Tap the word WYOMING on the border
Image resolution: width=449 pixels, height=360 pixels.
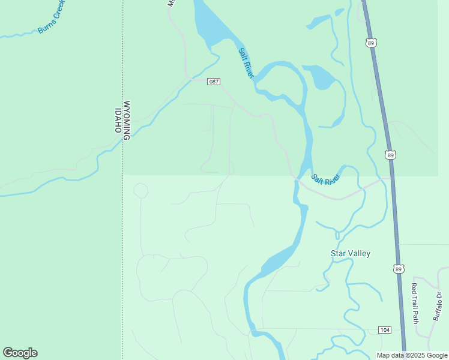(x=127, y=120)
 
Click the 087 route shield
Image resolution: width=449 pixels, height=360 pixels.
(x=214, y=82)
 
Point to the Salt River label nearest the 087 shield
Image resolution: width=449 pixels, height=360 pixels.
(x=247, y=62)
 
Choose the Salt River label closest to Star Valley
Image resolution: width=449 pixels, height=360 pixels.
(x=326, y=179)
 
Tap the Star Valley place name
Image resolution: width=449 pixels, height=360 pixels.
(x=351, y=253)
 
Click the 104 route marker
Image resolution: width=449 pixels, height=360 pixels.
(x=385, y=330)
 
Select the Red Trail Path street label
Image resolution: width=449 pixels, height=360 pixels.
(x=415, y=303)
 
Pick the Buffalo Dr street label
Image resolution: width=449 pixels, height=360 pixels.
(x=438, y=306)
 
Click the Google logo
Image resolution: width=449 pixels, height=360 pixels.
(x=20, y=353)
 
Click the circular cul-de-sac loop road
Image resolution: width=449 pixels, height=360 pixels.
(x=140, y=191)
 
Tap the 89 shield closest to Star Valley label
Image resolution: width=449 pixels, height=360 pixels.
(x=399, y=269)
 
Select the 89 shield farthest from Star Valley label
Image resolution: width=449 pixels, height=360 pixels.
(x=372, y=43)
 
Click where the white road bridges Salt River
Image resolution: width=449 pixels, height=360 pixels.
(x=296, y=179)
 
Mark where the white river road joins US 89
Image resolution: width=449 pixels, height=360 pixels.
(x=392, y=178)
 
